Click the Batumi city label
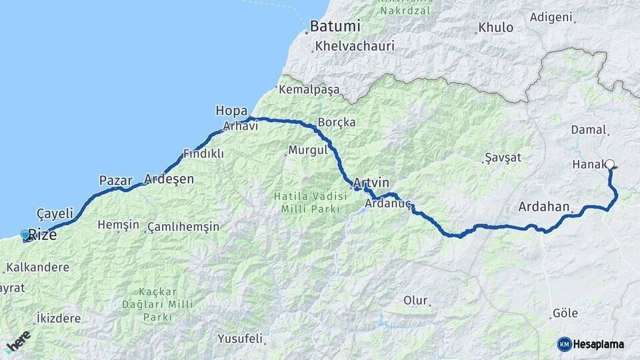click(335, 27)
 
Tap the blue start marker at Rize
click(25, 235)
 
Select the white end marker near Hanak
click(609, 163)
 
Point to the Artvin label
click(371, 182)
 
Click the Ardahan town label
click(544, 207)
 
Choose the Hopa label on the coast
click(231, 111)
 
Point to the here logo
click(19, 342)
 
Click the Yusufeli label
click(240, 338)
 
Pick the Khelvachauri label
click(355, 47)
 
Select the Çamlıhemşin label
click(183, 227)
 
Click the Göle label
click(565, 313)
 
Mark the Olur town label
click(415, 301)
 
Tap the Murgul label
click(307, 150)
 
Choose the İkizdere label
click(59, 319)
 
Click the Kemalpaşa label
click(309, 89)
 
